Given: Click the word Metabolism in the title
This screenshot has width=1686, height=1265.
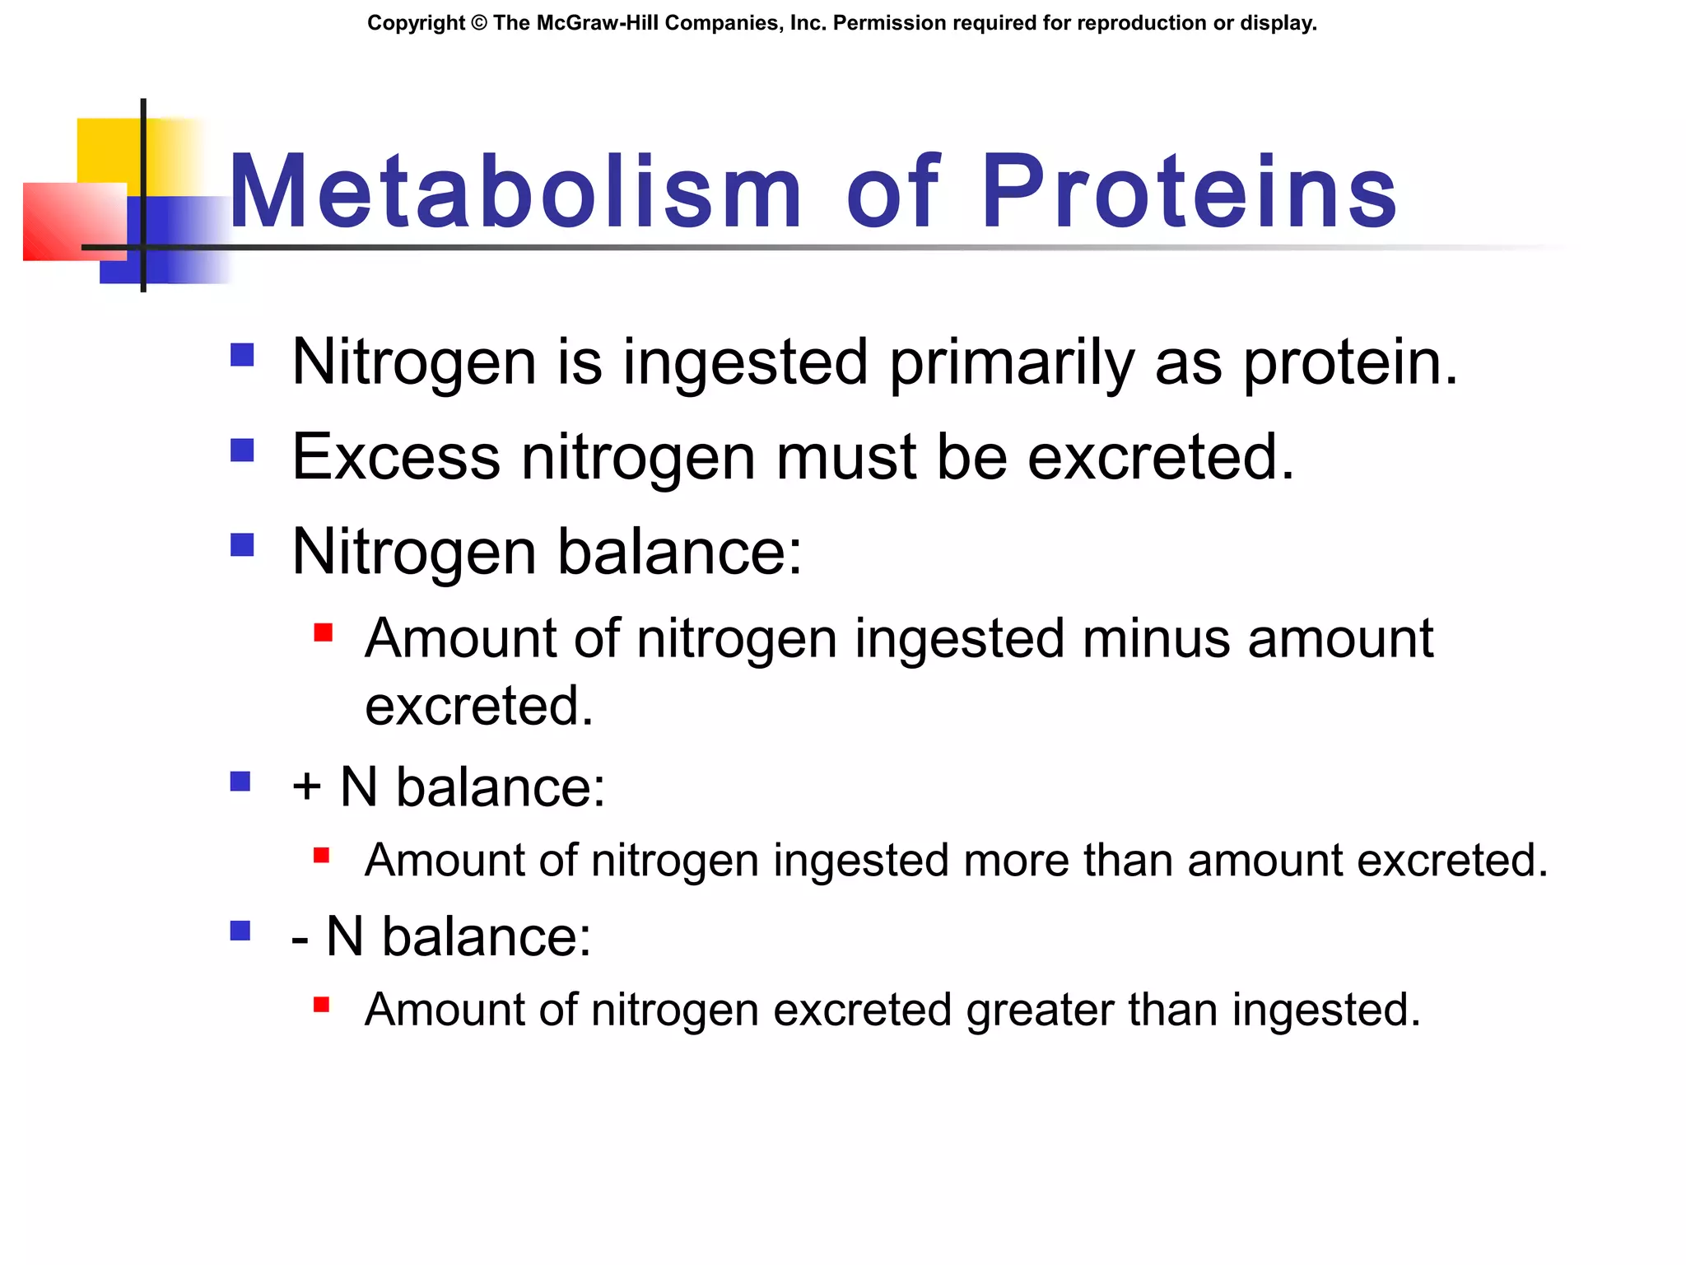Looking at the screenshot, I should click(515, 194).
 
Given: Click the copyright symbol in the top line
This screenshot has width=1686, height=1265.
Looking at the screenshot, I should click(479, 23).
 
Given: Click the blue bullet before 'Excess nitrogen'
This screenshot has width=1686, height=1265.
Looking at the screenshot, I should click(242, 450).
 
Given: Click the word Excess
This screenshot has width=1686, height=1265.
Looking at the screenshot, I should click(396, 457).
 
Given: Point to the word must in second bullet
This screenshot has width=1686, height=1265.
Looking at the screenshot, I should click(845, 457).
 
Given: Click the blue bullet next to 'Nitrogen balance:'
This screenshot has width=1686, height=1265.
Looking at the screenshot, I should click(242, 545).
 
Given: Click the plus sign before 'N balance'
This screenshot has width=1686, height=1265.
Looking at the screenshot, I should click(306, 787).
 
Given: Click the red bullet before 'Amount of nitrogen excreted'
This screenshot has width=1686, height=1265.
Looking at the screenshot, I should click(322, 1005).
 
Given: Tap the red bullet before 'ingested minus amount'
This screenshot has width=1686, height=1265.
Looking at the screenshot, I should click(323, 632).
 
